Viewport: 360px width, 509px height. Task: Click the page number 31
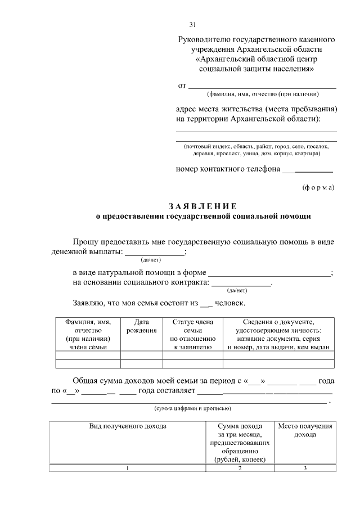coord(192,25)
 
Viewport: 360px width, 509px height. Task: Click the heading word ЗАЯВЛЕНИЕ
coord(202,205)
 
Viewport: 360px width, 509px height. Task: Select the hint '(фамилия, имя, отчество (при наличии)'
coord(263,94)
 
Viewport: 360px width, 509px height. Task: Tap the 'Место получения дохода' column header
coord(305,430)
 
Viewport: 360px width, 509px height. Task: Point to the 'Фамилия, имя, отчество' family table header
coord(88,334)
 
